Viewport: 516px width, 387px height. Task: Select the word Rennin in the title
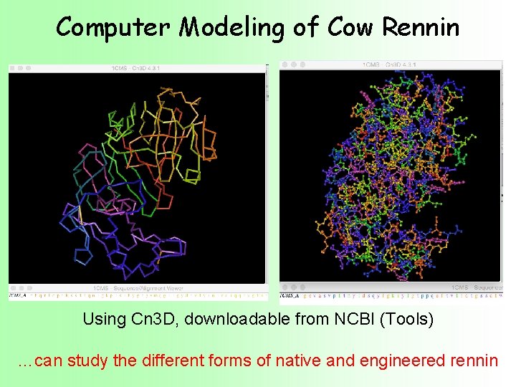pyautogui.click(x=421, y=27)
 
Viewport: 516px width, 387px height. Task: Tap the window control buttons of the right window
pyautogui.click(x=293, y=64)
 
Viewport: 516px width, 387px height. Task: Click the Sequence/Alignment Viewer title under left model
pyautogui.click(x=136, y=287)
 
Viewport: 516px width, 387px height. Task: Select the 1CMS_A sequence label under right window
pyautogui.click(x=290, y=295)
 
